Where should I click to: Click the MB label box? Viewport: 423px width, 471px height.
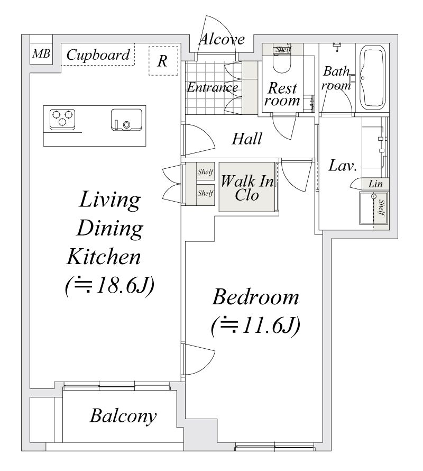tap(41, 54)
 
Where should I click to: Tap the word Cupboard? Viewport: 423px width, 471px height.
tap(98, 55)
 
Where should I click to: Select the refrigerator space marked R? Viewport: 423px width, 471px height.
tap(163, 61)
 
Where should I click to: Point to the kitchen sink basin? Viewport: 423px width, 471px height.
tap(126, 120)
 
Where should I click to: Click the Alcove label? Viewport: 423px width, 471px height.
tap(222, 39)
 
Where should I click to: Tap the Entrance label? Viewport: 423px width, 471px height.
tap(213, 87)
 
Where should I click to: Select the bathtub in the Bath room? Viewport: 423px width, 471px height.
tap(372, 77)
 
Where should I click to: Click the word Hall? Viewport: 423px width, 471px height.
tap(247, 139)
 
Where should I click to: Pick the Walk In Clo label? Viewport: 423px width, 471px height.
tap(247, 188)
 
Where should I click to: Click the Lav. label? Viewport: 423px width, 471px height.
tap(343, 166)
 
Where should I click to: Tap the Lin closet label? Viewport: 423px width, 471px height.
tap(375, 184)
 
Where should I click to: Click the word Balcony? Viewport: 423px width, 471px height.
tap(123, 416)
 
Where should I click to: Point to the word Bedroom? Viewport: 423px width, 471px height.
tap(255, 297)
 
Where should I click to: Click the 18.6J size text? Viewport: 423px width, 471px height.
tap(110, 286)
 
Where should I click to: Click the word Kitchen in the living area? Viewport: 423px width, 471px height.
tap(104, 257)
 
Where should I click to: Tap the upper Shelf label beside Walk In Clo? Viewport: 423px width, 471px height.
tap(205, 172)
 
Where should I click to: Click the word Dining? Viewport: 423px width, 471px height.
tap(110, 229)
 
